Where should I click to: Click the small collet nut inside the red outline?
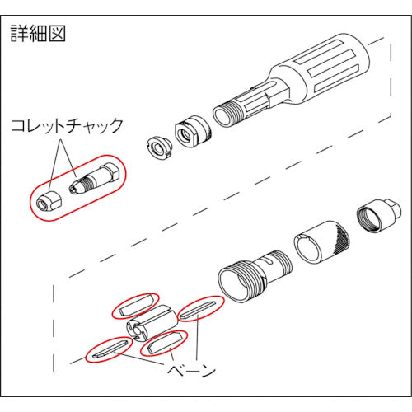[x=48, y=197]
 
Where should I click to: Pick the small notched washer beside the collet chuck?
[x=159, y=146]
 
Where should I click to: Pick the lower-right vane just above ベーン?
[x=162, y=344]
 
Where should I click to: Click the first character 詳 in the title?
[x=19, y=34]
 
